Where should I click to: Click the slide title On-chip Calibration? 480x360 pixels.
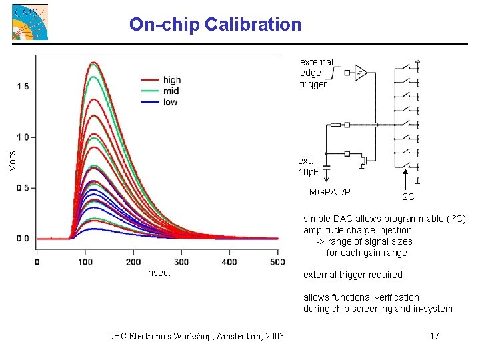coord(215,25)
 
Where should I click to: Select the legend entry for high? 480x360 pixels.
coord(171,81)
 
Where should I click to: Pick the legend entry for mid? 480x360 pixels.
coord(170,91)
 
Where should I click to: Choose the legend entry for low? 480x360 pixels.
coord(170,102)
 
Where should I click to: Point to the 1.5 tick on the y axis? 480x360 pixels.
coord(22,87)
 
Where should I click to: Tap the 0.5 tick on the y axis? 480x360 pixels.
coord(22,188)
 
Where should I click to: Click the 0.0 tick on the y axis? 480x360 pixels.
coord(22,239)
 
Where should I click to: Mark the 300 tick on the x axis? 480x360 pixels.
coord(181,262)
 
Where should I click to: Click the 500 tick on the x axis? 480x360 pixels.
coord(277,262)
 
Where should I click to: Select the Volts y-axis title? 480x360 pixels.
coord(12,159)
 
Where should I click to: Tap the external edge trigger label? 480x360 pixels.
coord(316,73)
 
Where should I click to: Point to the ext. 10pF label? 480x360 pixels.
coord(308,167)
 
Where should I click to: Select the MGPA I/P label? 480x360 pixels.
coord(329,193)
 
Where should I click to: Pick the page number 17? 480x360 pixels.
coord(434,335)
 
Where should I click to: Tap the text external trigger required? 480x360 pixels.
coord(353,275)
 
